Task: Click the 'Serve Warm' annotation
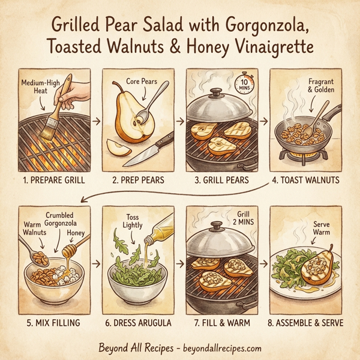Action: (322, 228)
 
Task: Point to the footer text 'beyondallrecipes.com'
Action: (215, 347)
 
